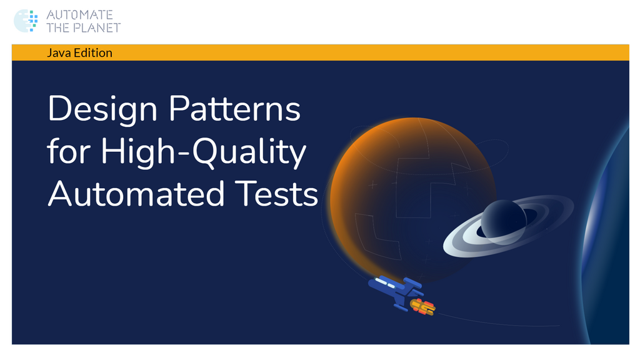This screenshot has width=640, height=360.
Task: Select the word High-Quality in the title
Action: (204, 152)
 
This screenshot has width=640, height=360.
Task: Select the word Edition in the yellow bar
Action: (92, 53)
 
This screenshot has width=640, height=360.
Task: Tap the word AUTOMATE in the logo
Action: (79, 14)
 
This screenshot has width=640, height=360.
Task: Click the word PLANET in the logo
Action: (97, 27)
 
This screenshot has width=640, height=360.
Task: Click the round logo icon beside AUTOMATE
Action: (26, 21)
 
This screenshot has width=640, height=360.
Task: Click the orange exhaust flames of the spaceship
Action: (422, 306)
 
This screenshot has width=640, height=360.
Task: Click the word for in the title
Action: (68, 152)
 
